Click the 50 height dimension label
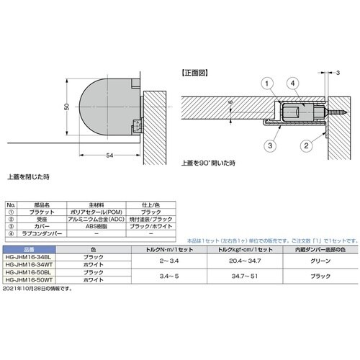point(66,107)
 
